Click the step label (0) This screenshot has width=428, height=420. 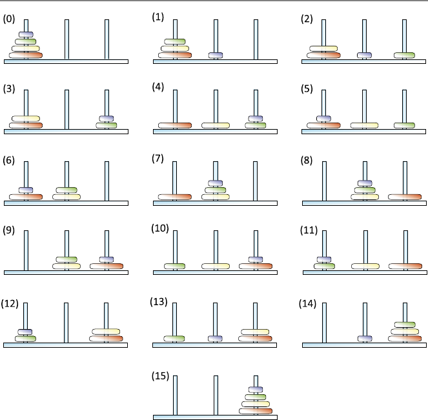[x=9, y=19]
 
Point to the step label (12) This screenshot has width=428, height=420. [x=10, y=304]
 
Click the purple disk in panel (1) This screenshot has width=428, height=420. [x=216, y=55]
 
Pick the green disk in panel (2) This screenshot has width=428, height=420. [x=404, y=55]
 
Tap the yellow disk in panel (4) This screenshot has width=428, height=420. [x=216, y=125]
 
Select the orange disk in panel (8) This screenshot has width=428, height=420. [x=405, y=196]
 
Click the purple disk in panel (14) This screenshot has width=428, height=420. [x=365, y=338]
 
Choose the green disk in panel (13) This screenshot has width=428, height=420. [x=174, y=338]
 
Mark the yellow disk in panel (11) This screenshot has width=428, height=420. [x=365, y=266]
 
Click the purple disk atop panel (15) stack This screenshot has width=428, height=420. [x=256, y=389]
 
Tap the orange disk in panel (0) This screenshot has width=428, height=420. [x=26, y=55]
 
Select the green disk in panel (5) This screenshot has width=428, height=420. [x=404, y=125]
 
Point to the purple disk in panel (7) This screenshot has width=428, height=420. [x=216, y=183]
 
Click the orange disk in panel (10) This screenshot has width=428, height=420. [x=256, y=266]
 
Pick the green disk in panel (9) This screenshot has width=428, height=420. [x=66, y=259]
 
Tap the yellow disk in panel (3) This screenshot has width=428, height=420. [x=26, y=119]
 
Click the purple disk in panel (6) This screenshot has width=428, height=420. [x=26, y=190]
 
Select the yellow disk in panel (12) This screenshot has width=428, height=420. [x=107, y=332]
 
